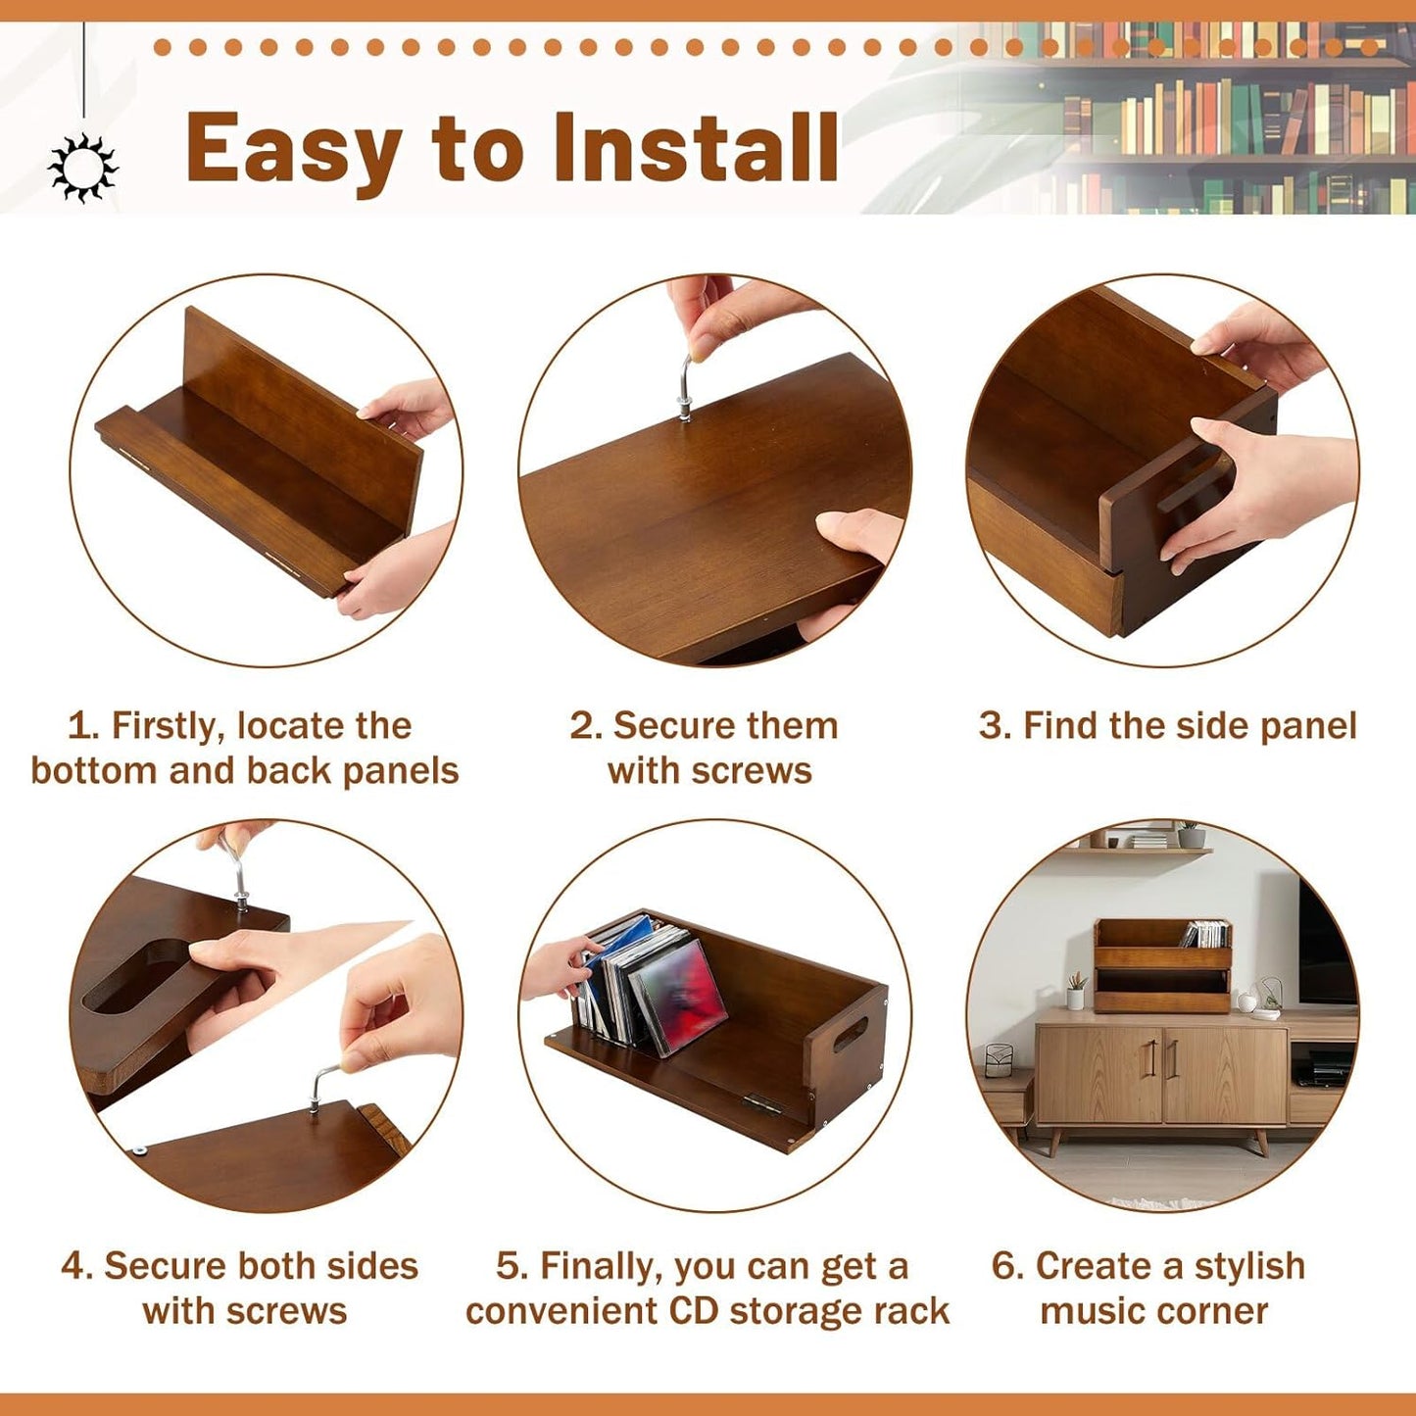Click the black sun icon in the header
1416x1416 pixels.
click(x=82, y=168)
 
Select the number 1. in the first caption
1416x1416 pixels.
click(x=84, y=726)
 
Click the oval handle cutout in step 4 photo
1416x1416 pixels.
click(x=137, y=974)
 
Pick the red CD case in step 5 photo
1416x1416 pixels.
click(x=679, y=993)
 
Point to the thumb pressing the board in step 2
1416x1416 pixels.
click(x=853, y=530)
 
